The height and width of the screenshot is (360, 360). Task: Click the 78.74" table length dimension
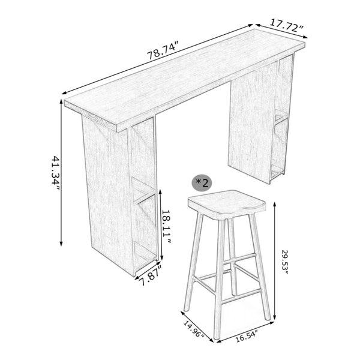(163, 50)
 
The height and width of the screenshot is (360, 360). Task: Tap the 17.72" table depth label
(287, 26)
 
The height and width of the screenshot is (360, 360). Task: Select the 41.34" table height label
(55, 174)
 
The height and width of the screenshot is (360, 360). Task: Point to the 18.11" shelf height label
(167, 227)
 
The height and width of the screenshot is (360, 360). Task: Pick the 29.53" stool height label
(285, 264)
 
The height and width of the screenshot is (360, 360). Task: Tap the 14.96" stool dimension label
(194, 329)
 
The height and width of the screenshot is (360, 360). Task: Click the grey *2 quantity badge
(202, 183)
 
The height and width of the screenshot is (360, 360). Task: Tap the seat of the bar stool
(227, 203)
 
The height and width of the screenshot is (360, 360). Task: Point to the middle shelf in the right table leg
(281, 116)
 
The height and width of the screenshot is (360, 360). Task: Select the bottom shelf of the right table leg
(277, 172)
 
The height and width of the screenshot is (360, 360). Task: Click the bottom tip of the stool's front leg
(216, 337)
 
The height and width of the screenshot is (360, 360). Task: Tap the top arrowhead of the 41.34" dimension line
(61, 101)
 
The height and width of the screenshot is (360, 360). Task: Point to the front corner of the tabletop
(117, 131)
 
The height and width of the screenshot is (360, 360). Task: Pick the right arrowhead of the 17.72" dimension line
(305, 37)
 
